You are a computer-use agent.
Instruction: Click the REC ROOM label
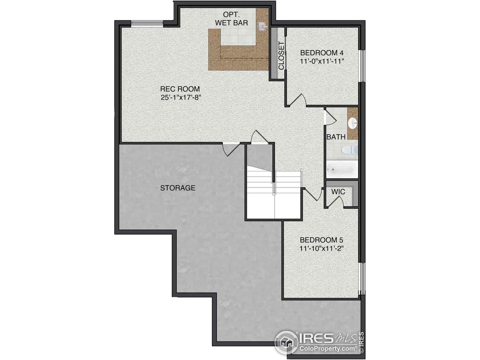180,89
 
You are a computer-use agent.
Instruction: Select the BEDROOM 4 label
322,52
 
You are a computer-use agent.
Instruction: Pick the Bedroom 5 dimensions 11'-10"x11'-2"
322,248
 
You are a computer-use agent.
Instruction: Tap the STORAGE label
178,188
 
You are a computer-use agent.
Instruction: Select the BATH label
336,137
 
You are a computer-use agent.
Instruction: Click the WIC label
338,192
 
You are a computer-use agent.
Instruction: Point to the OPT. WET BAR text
236,19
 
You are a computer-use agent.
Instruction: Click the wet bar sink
262,26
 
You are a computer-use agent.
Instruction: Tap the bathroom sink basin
352,123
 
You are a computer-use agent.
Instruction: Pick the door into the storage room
230,149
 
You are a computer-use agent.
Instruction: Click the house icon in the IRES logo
286,342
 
